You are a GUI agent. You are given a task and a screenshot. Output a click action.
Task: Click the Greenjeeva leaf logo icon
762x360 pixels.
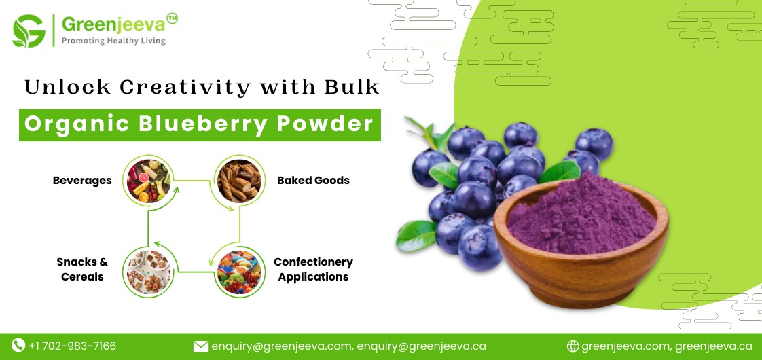29,31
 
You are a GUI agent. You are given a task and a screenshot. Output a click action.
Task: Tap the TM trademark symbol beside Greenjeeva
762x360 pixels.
172,19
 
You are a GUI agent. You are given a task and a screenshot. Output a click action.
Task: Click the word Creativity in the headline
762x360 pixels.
181,87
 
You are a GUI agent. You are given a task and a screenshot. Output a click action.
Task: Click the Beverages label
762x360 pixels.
82,181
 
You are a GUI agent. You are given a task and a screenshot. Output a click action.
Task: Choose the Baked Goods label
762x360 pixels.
313,181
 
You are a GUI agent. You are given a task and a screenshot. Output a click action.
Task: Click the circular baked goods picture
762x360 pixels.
238,181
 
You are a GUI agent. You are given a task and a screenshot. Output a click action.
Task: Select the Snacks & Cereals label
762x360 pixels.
82,269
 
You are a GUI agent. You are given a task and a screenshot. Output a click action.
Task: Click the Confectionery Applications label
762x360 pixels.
313,269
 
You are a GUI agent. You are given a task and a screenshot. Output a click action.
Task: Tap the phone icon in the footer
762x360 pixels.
18,346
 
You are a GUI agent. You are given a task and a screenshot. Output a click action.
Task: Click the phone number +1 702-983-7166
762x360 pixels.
72,346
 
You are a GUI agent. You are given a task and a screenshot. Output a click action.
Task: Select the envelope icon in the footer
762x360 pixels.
200,346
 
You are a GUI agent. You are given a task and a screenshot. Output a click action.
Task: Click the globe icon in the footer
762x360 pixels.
573,346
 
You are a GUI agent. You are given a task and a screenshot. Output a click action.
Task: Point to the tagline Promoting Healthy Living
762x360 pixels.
113,41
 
